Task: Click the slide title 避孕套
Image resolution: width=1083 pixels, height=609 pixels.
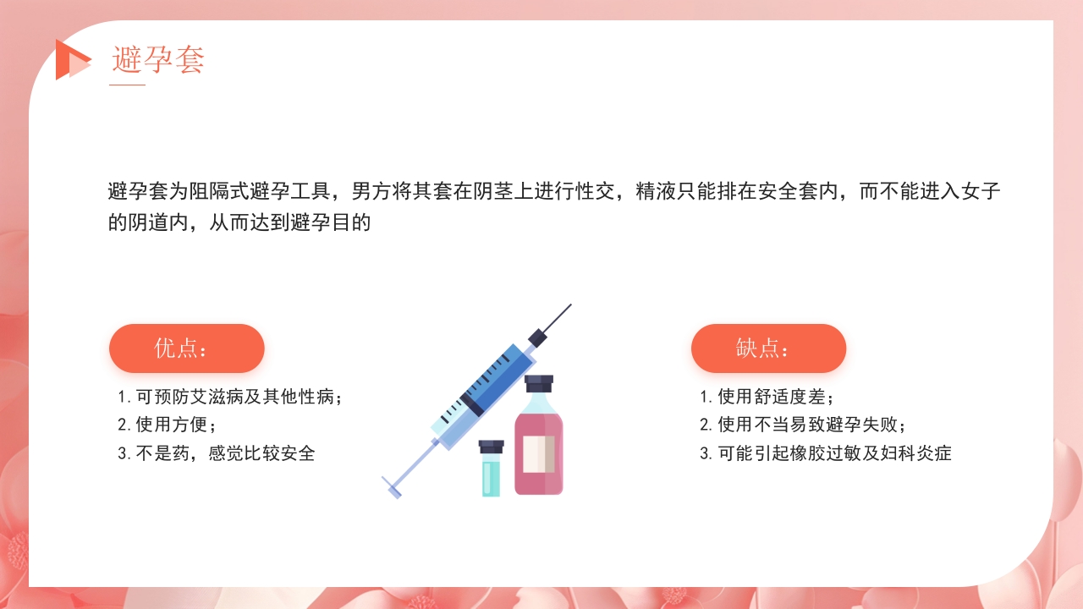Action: pyautogui.click(x=158, y=60)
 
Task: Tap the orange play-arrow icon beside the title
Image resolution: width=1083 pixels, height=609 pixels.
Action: pyautogui.click(x=71, y=60)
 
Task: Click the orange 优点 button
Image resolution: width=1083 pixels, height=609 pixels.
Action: pyautogui.click(x=187, y=348)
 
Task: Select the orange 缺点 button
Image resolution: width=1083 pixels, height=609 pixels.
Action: pyautogui.click(x=768, y=348)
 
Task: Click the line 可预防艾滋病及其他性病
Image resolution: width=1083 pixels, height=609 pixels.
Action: pyautogui.click(x=230, y=397)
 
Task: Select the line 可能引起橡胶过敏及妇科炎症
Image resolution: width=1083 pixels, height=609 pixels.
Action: pyautogui.click(x=825, y=453)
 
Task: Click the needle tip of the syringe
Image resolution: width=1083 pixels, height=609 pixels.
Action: pyautogui.click(x=568, y=307)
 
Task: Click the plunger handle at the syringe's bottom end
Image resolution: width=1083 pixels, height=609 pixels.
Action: pyautogui.click(x=391, y=487)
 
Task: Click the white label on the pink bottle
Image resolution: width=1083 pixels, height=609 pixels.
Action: pyautogui.click(x=539, y=453)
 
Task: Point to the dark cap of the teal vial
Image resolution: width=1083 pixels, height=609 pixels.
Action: pyautogui.click(x=491, y=446)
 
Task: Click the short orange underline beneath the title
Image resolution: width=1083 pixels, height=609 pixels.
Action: pyautogui.click(x=128, y=85)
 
